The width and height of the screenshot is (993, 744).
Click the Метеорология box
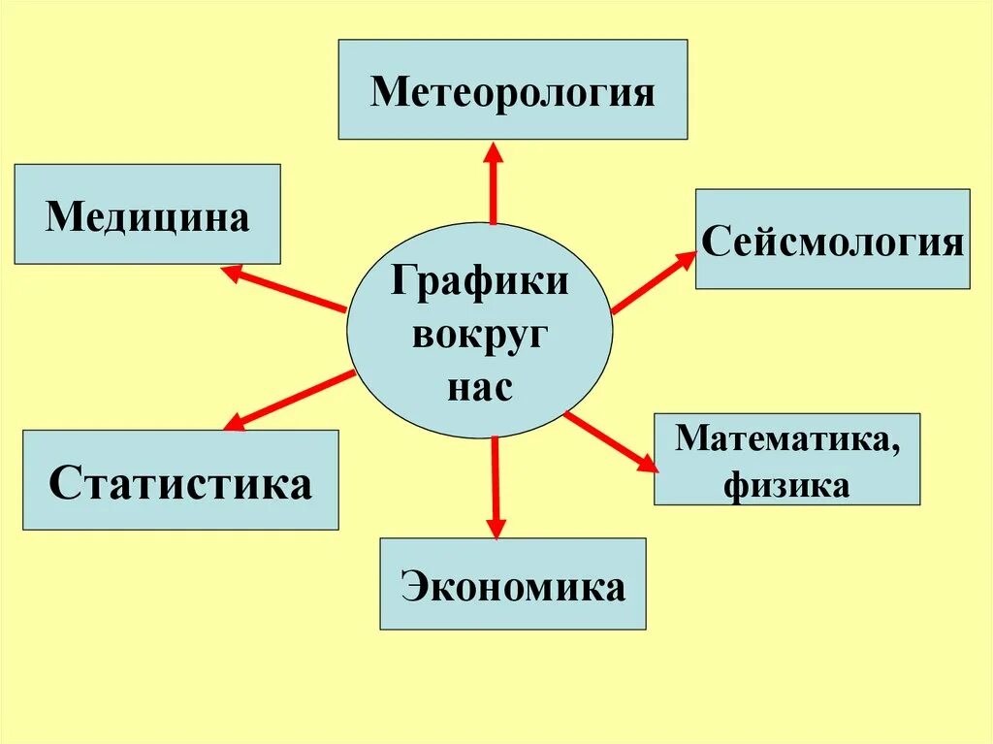(x=512, y=89)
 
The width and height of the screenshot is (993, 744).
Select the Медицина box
(x=147, y=214)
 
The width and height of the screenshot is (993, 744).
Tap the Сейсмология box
(x=832, y=239)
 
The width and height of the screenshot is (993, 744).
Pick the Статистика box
(x=180, y=480)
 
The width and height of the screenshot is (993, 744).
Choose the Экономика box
(x=512, y=584)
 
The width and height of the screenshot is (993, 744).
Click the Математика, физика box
(x=786, y=459)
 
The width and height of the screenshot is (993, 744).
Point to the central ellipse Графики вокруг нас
(x=479, y=330)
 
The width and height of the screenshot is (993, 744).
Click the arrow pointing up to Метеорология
(x=494, y=184)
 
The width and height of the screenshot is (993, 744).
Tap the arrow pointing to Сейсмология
(x=654, y=281)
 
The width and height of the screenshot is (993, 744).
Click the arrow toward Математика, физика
(x=612, y=442)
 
